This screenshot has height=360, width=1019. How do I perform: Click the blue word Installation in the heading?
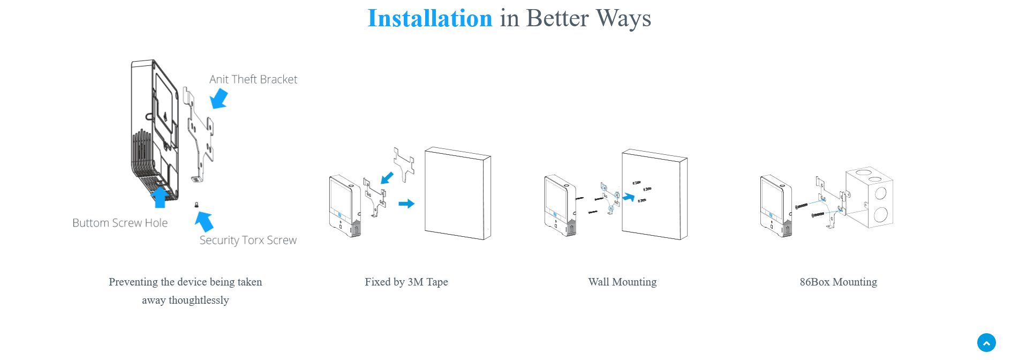tap(430, 18)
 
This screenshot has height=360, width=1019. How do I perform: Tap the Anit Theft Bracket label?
tap(253, 79)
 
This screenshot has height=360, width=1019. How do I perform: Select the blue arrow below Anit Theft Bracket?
tap(219, 99)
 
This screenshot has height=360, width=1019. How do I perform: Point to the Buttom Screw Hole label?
tap(120, 223)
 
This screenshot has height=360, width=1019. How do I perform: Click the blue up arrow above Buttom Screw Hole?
tap(160, 197)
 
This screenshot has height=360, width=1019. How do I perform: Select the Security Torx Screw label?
tap(248, 240)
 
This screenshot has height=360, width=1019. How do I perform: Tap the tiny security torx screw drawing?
tap(197, 205)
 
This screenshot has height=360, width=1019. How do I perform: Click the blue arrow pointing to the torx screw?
tap(204, 221)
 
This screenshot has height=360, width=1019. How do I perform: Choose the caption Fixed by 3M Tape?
tap(406, 282)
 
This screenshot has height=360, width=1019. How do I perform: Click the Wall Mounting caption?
tap(622, 282)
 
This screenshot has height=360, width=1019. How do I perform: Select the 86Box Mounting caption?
tap(839, 282)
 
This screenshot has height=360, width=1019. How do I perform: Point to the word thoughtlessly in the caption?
tap(199, 300)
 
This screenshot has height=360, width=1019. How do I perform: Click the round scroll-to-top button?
tap(986, 343)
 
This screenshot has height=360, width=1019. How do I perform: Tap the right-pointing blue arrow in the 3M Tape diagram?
tap(406, 204)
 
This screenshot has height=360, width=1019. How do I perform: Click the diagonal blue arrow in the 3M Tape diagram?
tap(387, 178)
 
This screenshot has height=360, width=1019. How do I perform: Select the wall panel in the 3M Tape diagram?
tap(458, 193)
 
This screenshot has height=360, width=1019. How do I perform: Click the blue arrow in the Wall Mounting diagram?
tap(628, 198)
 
